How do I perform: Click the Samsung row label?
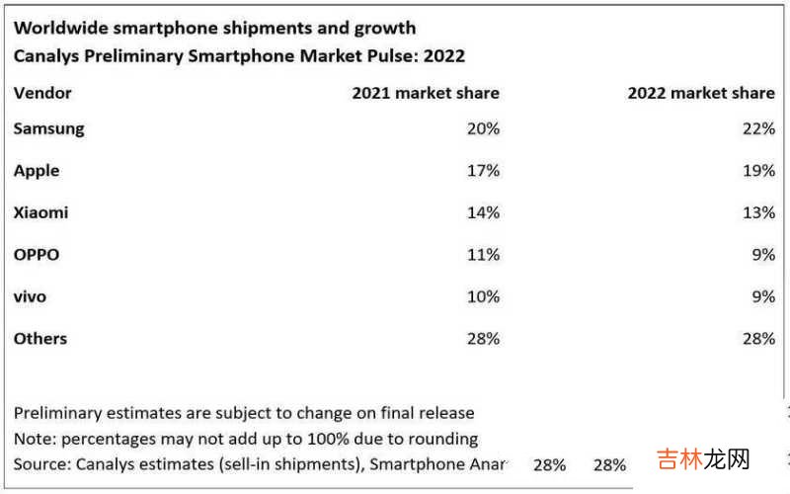coord(48,128)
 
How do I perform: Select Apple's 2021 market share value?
coord(483,171)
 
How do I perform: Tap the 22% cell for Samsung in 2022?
coord(758,128)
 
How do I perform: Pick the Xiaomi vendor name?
coord(40,212)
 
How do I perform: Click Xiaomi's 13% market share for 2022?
coord(758,212)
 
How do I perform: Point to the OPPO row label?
coord(37,255)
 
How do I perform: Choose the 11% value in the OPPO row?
coord(483,255)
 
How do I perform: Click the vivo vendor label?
coord(30,296)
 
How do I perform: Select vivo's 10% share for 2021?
coord(483,296)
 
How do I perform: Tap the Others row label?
coord(40,339)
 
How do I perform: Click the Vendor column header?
coord(42,93)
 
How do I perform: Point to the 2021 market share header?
coord(426,93)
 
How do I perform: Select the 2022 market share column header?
coord(701,93)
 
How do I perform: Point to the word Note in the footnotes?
coord(32,438)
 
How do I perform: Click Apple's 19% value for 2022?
coord(758,171)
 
